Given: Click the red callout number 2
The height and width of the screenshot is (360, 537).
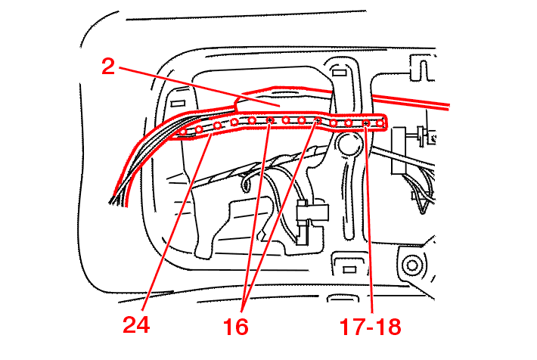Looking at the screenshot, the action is pos(108,67).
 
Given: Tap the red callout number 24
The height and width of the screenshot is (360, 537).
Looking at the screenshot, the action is pos(136,324).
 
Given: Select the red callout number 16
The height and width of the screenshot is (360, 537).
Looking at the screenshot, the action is pos(236,327).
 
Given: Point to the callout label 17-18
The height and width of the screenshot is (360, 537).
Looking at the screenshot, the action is pos(370,327).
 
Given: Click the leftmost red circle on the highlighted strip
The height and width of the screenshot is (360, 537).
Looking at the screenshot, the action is pos(183,132).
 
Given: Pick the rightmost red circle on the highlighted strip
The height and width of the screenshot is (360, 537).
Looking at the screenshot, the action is pos(380,123).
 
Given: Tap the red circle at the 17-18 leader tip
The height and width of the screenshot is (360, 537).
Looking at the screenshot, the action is pos(366,123).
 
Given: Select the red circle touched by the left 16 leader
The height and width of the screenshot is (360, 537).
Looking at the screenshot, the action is pos(270,120).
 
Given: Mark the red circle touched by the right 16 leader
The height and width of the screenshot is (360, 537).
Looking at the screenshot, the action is pos(318,120).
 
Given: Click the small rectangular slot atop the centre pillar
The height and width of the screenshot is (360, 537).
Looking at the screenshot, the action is pos(338,73).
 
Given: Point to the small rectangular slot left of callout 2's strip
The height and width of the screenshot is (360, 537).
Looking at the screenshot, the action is pos(178,103).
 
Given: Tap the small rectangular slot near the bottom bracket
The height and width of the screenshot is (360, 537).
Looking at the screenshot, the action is pos(349,270).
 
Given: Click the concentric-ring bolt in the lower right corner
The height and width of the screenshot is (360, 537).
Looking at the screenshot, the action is pos(411,265).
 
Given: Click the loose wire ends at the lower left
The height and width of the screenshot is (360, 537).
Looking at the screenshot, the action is pos(115,200).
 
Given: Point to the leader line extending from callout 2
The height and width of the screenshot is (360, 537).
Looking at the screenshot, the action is pos(200,87).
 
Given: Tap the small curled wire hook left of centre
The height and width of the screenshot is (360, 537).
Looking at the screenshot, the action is pos(245,182).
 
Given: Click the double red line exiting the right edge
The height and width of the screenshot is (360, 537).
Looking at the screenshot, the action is pos(411,101).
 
